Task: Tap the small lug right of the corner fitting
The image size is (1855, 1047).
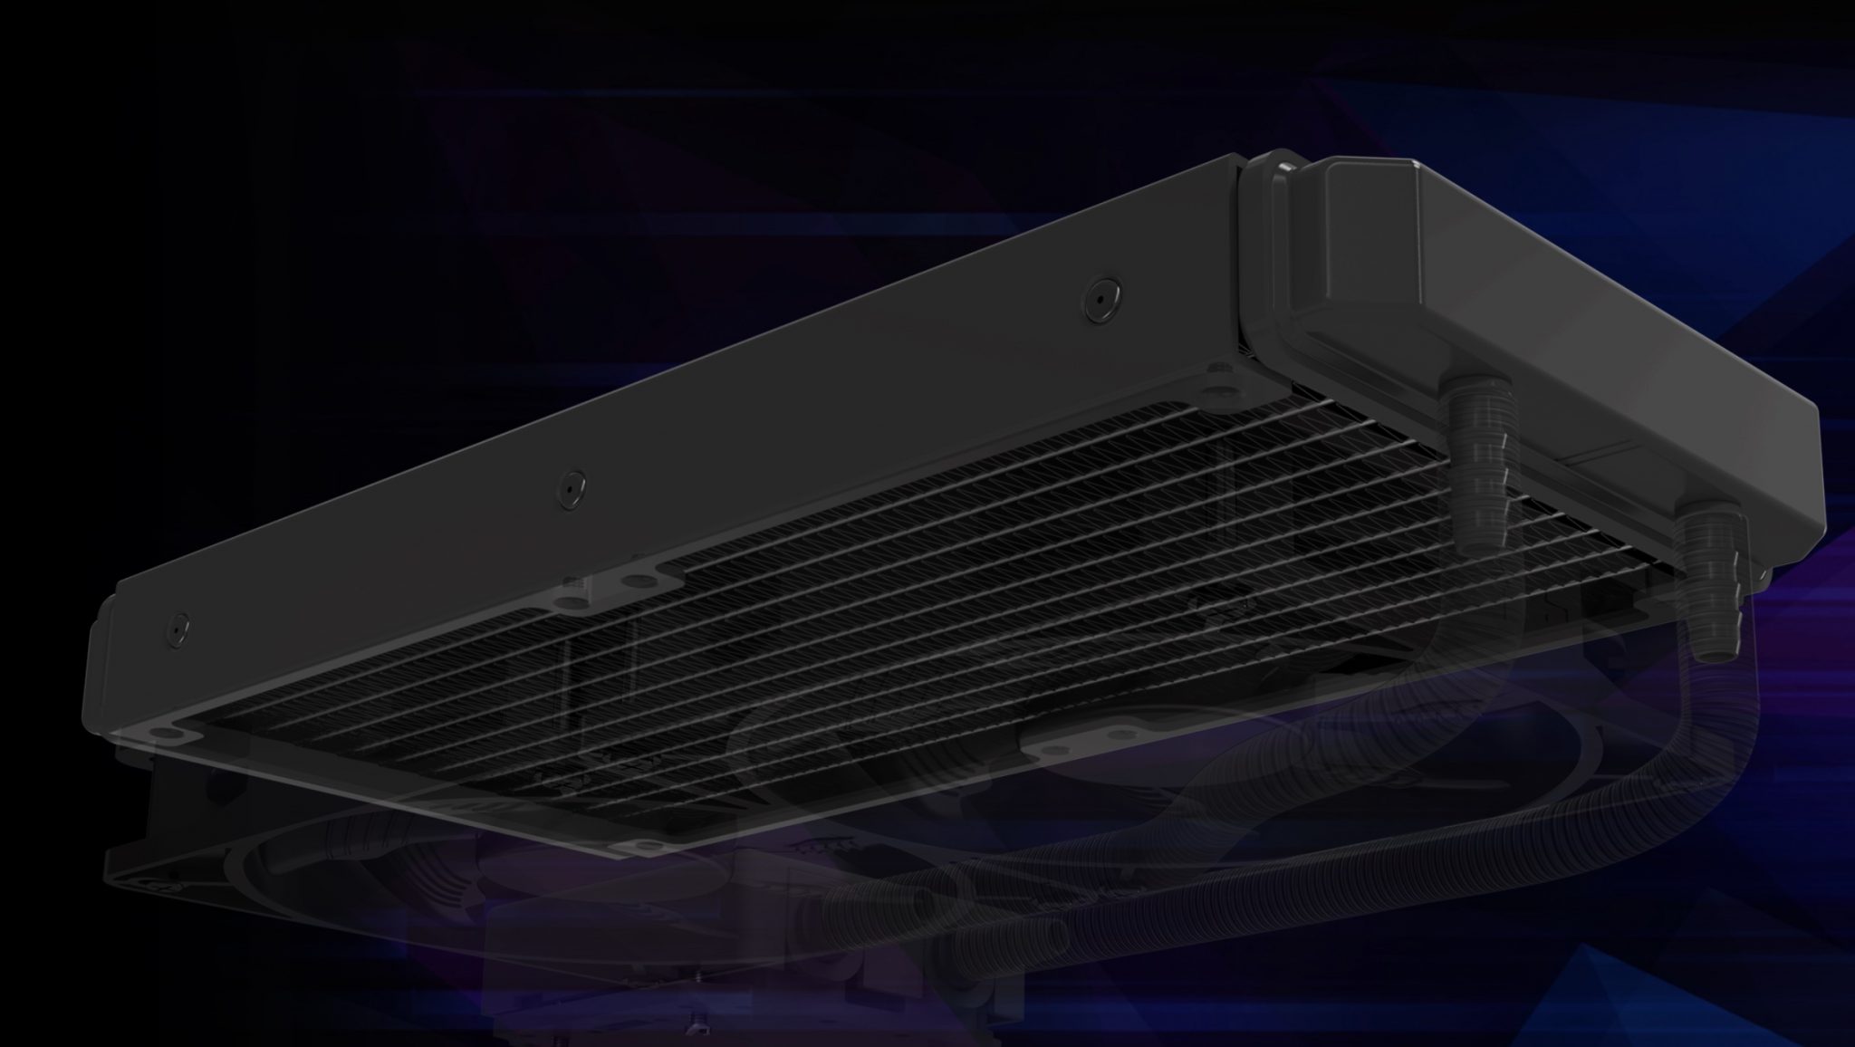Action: click(1763, 574)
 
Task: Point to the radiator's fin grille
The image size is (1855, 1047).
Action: click(815, 634)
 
